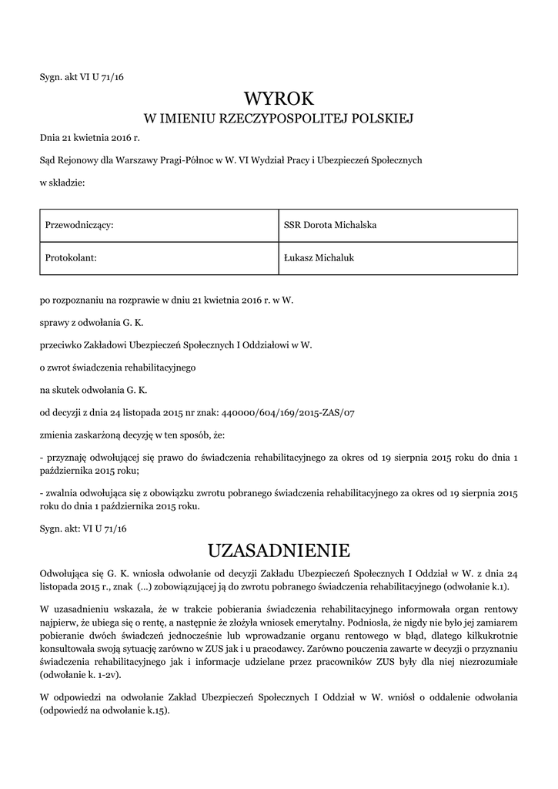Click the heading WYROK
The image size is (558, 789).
point(279,99)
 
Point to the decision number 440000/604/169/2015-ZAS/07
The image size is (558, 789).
point(287,413)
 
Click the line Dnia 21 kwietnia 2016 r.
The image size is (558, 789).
point(90,139)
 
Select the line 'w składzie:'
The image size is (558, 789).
point(62,183)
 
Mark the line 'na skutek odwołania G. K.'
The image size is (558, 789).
point(93,390)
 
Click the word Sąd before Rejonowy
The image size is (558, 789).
point(48,160)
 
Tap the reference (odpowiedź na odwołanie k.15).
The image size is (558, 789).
point(105,711)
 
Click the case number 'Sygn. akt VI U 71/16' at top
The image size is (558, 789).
point(82,77)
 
